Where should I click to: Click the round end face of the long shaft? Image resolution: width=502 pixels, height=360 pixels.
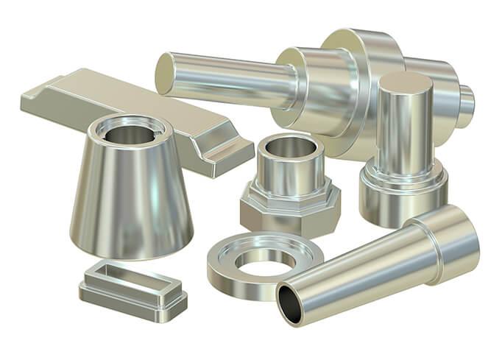(165, 73)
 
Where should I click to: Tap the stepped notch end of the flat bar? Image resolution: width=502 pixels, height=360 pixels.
(221, 151)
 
